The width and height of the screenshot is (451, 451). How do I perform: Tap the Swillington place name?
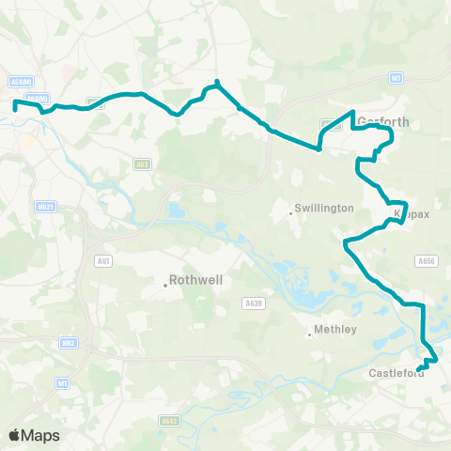(x=324, y=207)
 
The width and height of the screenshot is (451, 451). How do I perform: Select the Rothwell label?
(x=194, y=279)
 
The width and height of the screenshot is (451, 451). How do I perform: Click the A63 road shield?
(x=142, y=165)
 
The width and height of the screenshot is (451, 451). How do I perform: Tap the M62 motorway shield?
(x=67, y=343)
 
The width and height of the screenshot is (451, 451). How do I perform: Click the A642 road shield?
(x=169, y=420)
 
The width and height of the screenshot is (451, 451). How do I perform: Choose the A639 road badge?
(x=252, y=303)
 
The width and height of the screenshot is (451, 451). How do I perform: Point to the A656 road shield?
(x=427, y=261)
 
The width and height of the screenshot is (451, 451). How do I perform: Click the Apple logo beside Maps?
(x=15, y=435)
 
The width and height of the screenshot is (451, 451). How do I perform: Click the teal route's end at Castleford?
(x=418, y=366)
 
